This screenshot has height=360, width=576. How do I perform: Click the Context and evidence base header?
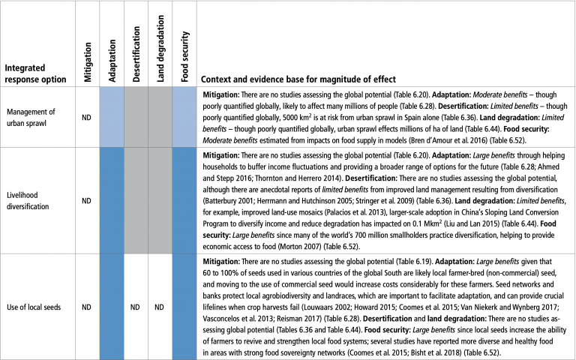pyautogui.click(x=298, y=79)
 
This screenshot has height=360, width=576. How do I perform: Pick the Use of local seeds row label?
pyautogui.click(x=37, y=305)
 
